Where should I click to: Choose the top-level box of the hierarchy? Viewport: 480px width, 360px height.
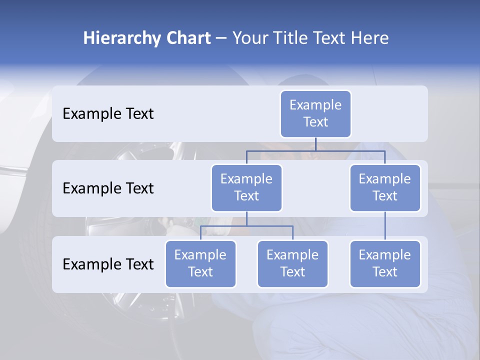click(x=315, y=113)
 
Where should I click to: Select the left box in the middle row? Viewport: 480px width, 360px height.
click(x=246, y=187)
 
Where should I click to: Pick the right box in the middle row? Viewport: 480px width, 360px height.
click(x=385, y=187)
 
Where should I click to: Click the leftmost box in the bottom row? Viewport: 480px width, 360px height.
click(x=200, y=263)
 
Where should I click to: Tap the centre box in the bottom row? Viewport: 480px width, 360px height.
click(x=292, y=263)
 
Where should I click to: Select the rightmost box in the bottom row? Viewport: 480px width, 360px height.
click(x=385, y=263)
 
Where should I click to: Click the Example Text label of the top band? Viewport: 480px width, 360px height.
click(x=108, y=113)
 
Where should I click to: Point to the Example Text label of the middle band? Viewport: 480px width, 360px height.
click(x=108, y=188)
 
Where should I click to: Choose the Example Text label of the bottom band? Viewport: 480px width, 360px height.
click(x=108, y=264)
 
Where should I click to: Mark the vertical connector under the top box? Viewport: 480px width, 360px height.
click(x=315, y=144)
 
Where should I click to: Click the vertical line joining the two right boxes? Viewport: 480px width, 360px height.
click(x=385, y=225)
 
